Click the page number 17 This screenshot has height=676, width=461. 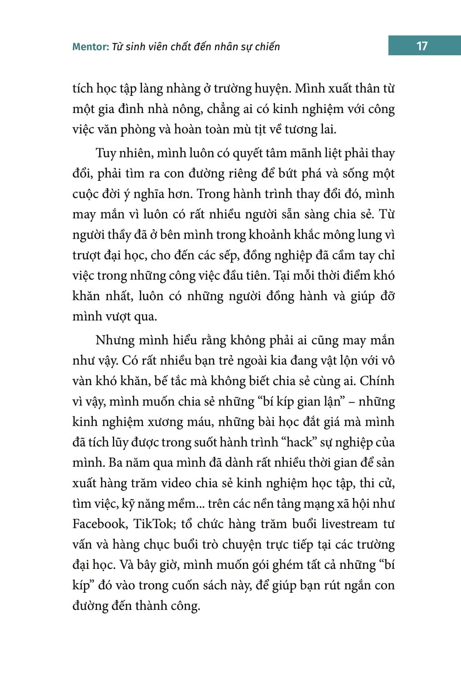422,46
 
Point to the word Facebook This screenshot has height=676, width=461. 99,524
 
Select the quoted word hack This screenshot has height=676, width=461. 300,442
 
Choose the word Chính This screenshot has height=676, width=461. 377,381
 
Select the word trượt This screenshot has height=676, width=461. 86,255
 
